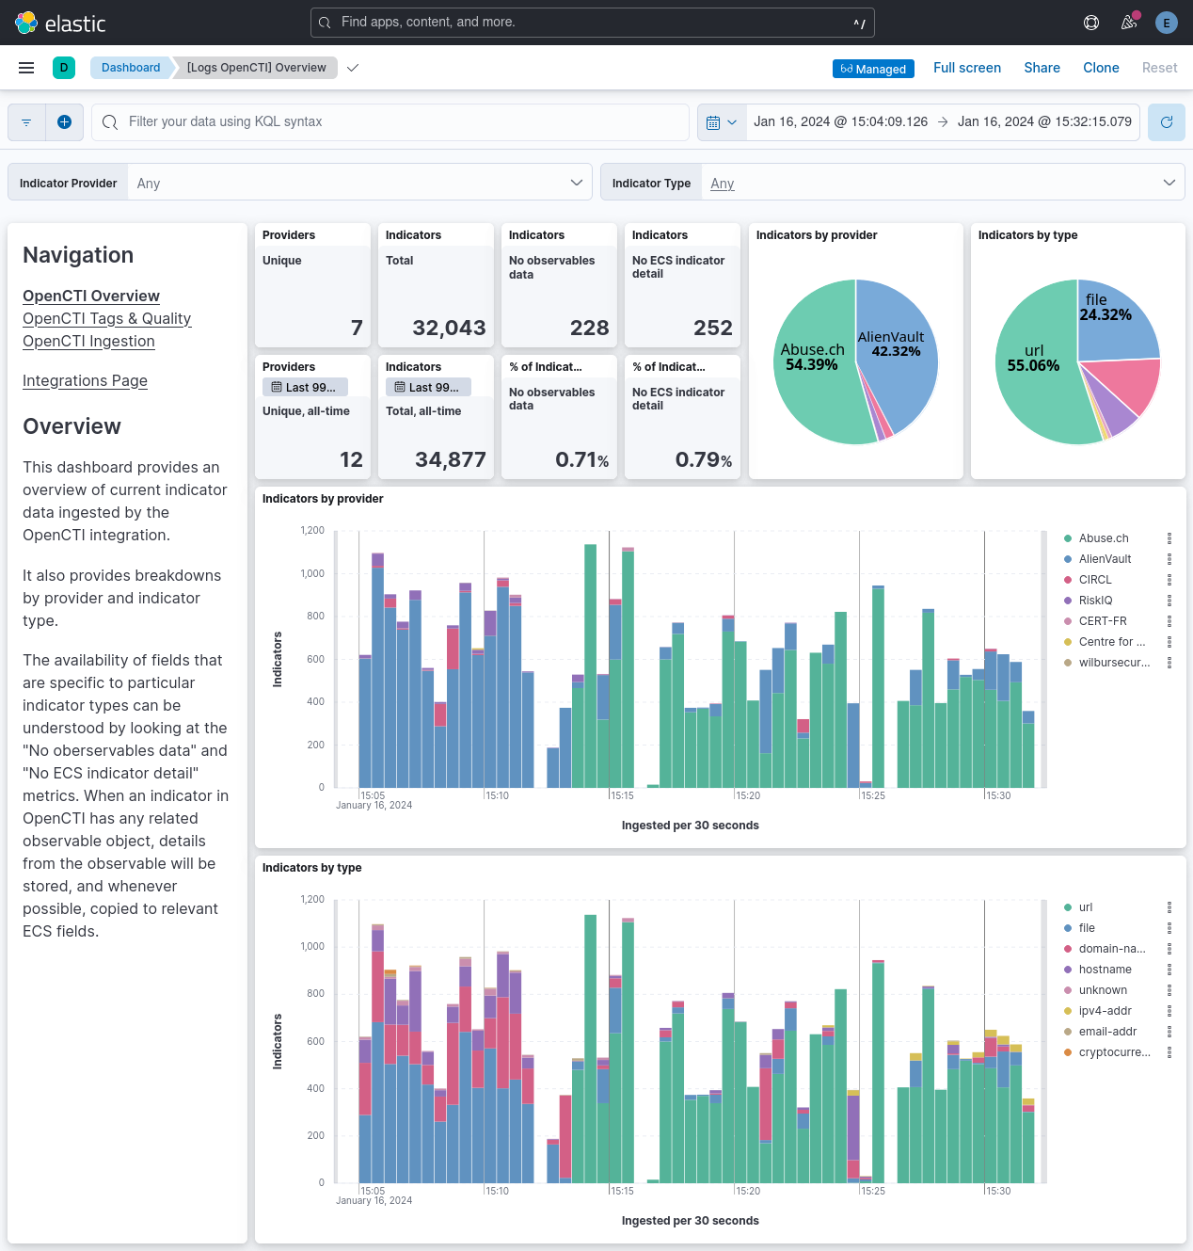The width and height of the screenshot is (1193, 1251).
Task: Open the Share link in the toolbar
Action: [x=1042, y=68]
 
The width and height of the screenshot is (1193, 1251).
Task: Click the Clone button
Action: [x=1101, y=68]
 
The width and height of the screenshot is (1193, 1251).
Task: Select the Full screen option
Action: [x=966, y=68]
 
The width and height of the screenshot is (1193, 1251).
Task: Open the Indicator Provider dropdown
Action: [x=358, y=183]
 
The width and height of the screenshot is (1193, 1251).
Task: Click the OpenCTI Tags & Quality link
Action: [x=106, y=318]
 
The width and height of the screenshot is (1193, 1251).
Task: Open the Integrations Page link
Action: [x=85, y=380]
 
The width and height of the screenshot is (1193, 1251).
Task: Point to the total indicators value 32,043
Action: [x=449, y=328]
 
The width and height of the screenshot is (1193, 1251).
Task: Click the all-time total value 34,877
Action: [x=450, y=459]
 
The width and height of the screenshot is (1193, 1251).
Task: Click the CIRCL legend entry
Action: [x=1094, y=580]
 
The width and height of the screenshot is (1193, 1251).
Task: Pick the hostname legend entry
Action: [x=1105, y=970]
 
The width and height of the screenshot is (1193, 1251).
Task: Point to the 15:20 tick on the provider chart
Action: [x=748, y=795]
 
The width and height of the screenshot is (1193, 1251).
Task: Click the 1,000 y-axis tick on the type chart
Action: [x=312, y=946]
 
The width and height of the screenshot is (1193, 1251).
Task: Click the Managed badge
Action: [x=873, y=69]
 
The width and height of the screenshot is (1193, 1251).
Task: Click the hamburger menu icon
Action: [x=26, y=68]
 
